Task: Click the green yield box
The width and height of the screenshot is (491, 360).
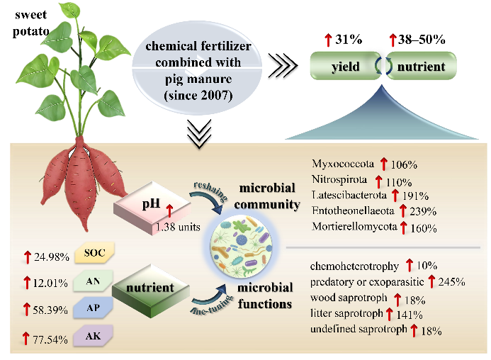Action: [345, 66]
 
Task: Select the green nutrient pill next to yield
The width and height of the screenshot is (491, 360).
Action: [421, 66]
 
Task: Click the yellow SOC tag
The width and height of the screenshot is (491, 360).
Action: [94, 252]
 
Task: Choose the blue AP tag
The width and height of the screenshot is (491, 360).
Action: [93, 308]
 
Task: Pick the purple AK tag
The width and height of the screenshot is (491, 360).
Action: [93, 336]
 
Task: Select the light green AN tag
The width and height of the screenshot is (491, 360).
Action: [93, 281]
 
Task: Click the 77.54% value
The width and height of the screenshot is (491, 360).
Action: [50, 339]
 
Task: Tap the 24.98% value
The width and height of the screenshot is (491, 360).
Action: [51, 257]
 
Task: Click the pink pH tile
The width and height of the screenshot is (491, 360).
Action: [152, 208]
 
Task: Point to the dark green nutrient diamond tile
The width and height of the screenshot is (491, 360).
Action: [151, 291]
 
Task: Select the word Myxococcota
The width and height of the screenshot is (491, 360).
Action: [343, 164]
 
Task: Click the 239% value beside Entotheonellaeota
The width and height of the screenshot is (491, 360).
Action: [423, 211]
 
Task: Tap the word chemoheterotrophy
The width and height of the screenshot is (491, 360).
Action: [354, 266]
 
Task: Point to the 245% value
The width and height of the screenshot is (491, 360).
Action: [451, 281]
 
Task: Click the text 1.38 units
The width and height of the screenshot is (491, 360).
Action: [178, 227]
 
